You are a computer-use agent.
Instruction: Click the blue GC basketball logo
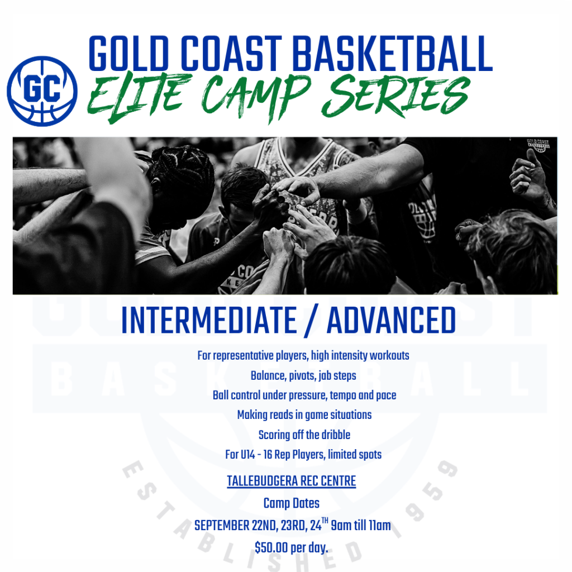pos(42,91)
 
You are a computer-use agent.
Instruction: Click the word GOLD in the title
pos(129,53)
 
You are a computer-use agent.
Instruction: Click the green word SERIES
pos(396,96)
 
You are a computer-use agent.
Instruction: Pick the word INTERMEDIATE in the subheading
pos(209,320)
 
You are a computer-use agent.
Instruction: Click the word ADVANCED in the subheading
pos(392,320)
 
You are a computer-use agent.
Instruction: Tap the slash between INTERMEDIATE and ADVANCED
pos(311,320)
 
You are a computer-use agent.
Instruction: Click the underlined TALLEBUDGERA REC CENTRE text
pos(292,481)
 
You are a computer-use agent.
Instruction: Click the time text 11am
pos(380,526)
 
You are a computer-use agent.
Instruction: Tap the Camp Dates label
pos(292,503)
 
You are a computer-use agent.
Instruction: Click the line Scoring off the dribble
pos(304,435)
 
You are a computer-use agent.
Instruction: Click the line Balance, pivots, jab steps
pos(303,376)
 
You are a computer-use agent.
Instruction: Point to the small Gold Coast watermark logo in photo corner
pos(538,145)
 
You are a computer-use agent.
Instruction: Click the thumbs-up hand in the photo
pos(527,175)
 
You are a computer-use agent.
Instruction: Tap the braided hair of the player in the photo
pos(183,166)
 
